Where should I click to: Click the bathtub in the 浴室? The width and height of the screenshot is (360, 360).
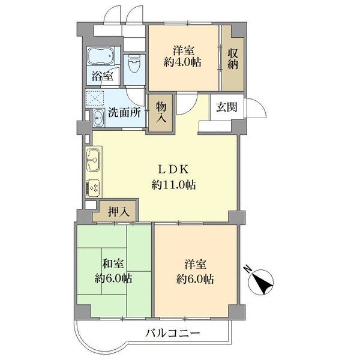[101, 56]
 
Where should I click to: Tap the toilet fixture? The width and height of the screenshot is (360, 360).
[134, 64]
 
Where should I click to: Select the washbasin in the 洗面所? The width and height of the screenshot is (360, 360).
[99, 118]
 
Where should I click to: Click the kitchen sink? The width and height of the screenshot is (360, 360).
[93, 159]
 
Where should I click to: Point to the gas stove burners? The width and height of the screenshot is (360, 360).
[93, 188]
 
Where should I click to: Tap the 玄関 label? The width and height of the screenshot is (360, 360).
[226, 107]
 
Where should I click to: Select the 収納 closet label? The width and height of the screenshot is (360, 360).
[233, 59]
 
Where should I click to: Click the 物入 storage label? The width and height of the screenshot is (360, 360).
[161, 113]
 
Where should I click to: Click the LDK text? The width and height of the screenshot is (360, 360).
[174, 170]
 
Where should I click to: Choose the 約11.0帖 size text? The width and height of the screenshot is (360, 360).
[174, 185]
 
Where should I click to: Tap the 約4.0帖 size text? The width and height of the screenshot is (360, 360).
[183, 62]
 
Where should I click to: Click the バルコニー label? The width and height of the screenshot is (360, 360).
[172, 333]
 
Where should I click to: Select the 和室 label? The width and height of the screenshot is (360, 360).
[113, 264]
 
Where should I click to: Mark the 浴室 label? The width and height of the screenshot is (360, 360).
[103, 76]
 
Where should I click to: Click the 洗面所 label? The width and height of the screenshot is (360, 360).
[124, 113]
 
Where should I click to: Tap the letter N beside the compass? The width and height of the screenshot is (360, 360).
[247, 269]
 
